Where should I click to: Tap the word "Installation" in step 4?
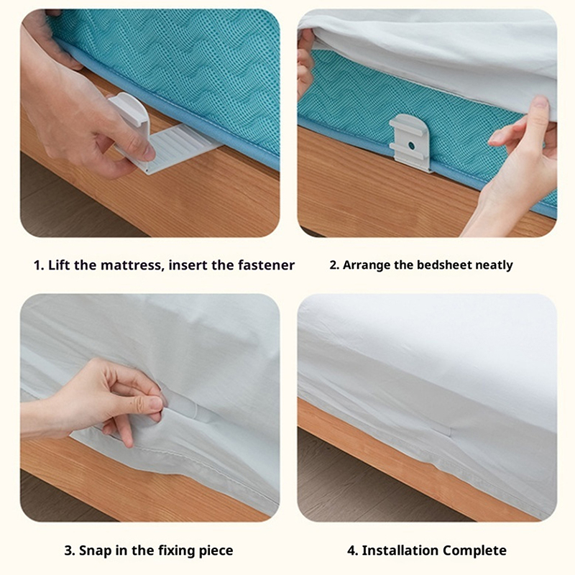[400, 551]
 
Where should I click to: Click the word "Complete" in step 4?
[474, 551]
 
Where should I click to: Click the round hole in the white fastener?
[411, 146]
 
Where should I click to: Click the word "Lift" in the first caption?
[60, 264]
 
